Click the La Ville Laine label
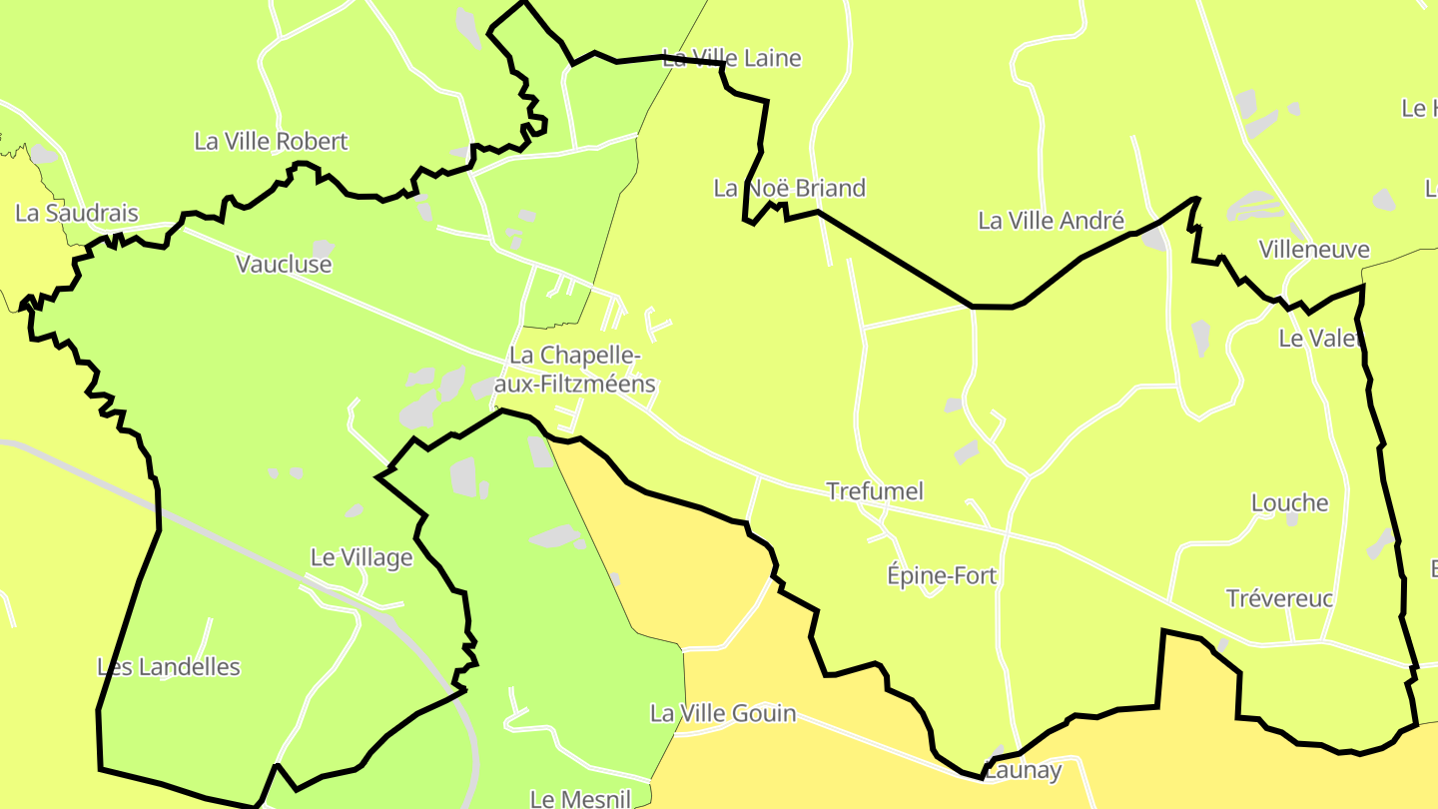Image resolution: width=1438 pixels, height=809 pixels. click(x=732, y=58)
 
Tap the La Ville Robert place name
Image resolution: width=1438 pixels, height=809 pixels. click(x=271, y=142)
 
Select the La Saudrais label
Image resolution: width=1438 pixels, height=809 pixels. click(x=77, y=213)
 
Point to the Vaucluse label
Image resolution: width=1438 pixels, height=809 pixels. click(x=284, y=265)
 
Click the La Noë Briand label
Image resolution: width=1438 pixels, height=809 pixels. click(x=789, y=188)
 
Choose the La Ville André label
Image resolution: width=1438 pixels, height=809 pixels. click(x=1051, y=221)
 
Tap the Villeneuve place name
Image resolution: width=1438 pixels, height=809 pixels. click(x=1314, y=250)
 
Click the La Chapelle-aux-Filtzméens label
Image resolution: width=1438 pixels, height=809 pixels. click(x=582, y=370)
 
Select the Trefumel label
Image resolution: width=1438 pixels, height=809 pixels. click(x=875, y=491)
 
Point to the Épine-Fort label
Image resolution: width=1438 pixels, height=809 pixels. click(x=942, y=576)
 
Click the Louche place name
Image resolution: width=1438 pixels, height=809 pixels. click(x=1290, y=503)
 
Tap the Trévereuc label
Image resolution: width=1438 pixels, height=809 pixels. click(x=1279, y=599)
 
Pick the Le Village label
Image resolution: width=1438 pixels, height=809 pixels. click(x=361, y=558)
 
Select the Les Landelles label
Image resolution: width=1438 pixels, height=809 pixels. click(x=169, y=667)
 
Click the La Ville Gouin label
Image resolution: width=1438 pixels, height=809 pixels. click(x=723, y=713)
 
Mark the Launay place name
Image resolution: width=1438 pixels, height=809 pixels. click(x=1023, y=771)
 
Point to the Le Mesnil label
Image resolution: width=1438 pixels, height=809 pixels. click(x=580, y=799)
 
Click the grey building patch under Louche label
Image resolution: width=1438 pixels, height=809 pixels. click(x=1292, y=520)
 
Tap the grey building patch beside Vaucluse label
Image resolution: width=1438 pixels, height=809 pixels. click(x=323, y=247)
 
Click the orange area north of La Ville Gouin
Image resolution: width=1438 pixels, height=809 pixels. click(x=679, y=569)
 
